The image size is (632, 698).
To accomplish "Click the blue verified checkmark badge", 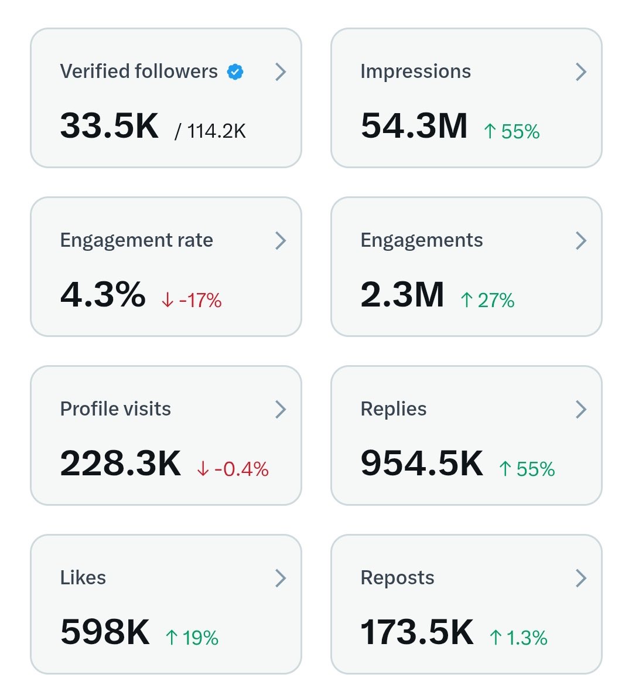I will pyautogui.click(x=235, y=72).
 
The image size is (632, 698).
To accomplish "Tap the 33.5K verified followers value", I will pyautogui.click(x=110, y=126).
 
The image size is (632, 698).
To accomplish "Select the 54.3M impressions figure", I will pyautogui.click(x=414, y=126).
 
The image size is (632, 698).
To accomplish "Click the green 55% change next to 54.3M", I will pyautogui.click(x=512, y=132).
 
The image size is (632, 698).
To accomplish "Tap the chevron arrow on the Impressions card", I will pyautogui.click(x=580, y=72).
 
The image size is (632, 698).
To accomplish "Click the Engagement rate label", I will pyautogui.click(x=136, y=240).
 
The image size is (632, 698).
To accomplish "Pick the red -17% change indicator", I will pyautogui.click(x=192, y=301).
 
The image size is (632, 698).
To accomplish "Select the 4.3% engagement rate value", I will pyautogui.click(x=103, y=295).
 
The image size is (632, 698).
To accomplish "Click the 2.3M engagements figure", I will pyautogui.click(x=402, y=295).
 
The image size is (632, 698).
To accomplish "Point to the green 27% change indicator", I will pyautogui.click(x=487, y=301).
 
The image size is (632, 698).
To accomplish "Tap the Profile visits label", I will pyautogui.click(x=115, y=409).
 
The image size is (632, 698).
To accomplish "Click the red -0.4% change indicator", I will pyautogui.click(x=233, y=469).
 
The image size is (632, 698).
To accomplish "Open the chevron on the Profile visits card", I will pyautogui.click(x=281, y=410).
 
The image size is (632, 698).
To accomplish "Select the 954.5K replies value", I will pyautogui.click(x=422, y=464).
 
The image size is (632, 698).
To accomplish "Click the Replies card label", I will pyautogui.click(x=394, y=409).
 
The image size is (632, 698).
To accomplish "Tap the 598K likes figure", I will pyautogui.click(x=105, y=632).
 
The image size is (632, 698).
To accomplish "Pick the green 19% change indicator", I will pyautogui.click(x=192, y=638).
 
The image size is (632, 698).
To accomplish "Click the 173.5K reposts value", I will pyautogui.click(x=417, y=632).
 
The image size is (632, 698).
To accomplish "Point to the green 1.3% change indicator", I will pyautogui.click(x=518, y=638).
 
